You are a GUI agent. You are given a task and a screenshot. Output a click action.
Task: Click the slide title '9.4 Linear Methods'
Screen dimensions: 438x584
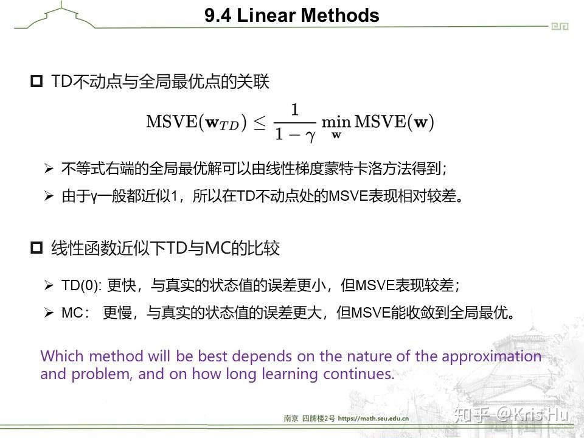point(291,16)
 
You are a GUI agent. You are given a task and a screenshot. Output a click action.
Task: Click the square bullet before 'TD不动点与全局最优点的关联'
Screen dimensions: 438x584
point(36,82)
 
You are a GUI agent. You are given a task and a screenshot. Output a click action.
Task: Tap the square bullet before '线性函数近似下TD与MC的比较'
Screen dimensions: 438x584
point(36,248)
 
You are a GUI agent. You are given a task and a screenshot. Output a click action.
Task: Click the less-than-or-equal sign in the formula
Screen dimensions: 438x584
point(259,122)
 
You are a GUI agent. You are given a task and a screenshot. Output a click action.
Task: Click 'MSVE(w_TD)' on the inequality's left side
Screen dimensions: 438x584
point(196,122)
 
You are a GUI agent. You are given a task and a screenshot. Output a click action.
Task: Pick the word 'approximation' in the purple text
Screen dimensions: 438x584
point(492,356)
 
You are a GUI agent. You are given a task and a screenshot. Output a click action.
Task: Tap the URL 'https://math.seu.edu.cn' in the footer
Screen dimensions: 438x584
point(373,419)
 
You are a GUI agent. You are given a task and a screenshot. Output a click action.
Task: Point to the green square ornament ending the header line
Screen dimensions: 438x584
point(560,26)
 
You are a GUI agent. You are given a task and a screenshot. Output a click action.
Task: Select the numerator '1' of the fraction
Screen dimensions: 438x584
point(294,110)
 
